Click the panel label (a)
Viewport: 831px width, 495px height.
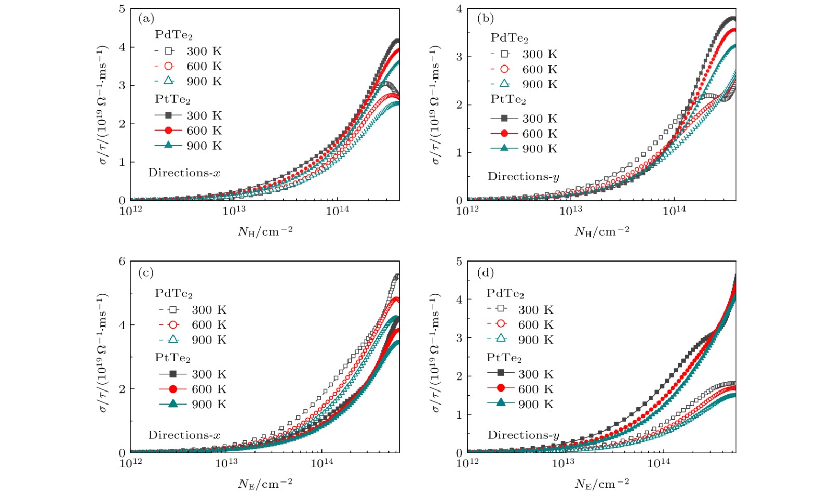coord(146,19)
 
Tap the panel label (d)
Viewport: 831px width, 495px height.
coord(485,272)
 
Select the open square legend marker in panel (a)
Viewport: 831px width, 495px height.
coord(168,51)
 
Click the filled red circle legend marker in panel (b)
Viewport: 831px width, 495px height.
coord(504,134)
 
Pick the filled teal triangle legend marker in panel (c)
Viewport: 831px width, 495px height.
coord(173,404)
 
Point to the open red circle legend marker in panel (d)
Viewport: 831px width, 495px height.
coord(501,324)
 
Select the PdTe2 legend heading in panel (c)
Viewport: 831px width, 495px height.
coord(173,294)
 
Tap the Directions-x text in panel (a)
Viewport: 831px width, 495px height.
coord(184,173)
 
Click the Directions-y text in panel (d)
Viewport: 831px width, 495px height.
coord(523,435)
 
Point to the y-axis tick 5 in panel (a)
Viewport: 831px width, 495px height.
coord(122,9)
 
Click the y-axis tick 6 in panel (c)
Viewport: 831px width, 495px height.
coord(122,261)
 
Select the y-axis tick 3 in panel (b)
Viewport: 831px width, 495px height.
coord(459,57)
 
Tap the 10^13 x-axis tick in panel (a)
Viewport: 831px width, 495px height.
coord(234,211)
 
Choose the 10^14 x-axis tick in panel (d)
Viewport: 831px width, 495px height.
coord(659,463)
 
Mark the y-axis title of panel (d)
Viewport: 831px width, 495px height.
coord(435,356)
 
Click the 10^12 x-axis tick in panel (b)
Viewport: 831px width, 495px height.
coord(467,211)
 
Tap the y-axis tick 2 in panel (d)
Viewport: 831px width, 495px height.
coord(459,376)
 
